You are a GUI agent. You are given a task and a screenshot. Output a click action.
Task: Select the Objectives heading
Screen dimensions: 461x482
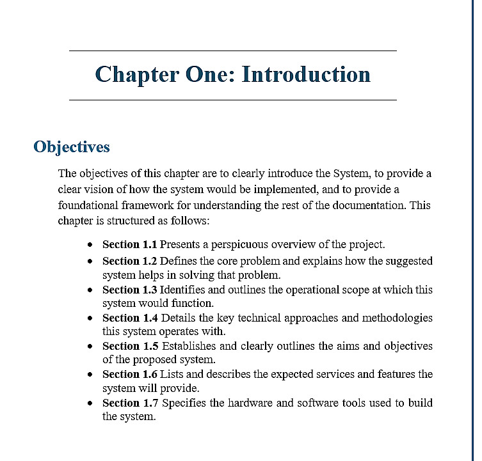(72, 147)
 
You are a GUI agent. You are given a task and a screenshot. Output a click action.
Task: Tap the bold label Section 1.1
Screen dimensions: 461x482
(129, 244)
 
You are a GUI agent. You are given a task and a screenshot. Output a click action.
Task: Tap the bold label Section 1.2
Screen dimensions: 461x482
(129, 261)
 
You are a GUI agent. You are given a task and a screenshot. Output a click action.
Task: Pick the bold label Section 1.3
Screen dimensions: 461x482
(129, 290)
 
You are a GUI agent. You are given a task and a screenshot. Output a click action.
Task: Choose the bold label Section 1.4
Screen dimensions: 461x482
(129, 318)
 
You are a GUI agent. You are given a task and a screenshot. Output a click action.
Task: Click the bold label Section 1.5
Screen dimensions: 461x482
(129, 346)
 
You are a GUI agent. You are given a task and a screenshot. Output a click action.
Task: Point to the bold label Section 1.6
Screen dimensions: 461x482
(129, 374)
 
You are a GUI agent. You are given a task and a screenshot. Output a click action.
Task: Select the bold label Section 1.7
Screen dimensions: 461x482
(129, 403)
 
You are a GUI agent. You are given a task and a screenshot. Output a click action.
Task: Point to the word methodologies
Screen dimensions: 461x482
(392, 318)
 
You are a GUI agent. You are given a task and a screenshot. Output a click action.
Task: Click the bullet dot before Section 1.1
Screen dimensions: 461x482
(91, 245)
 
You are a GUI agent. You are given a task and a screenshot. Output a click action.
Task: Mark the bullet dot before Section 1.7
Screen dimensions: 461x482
(91, 403)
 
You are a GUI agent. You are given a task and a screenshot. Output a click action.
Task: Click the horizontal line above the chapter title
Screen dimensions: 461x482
(232, 51)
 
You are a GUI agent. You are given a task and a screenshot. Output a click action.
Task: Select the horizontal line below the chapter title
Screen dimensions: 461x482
(232, 100)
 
